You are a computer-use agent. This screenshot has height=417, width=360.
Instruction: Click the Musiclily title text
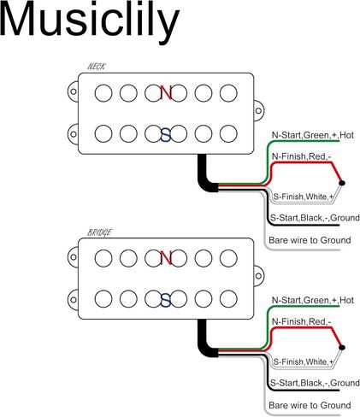(x=90, y=20)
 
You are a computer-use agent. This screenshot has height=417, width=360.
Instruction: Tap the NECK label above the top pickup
(x=96, y=67)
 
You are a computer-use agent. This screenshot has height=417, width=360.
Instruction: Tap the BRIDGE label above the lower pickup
(x=99, y=232)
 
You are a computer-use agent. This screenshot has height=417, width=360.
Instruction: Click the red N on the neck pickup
(x=166, y=92)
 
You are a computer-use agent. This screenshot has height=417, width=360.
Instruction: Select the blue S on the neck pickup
(x=166, y=135)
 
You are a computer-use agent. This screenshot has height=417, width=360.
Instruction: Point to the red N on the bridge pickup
(x=166, y=258)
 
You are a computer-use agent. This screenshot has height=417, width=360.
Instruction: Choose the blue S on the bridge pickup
(x=166, y=300)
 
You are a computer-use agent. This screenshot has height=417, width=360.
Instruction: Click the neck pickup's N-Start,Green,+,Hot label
(x=313, y=135)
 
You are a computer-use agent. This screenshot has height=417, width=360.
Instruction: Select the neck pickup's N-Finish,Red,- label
(x=301, y=156)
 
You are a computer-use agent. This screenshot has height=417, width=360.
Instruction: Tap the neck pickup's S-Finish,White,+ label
(x=304, y=197)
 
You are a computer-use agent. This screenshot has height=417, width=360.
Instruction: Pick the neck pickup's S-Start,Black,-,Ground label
(x=315, y=218)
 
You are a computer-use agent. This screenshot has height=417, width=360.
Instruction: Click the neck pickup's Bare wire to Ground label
(x=310, y=240)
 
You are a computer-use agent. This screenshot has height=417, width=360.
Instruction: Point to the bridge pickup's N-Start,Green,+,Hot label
(x=313, y=300)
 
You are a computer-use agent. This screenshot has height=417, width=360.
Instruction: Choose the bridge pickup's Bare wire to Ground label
(x=310, y=405)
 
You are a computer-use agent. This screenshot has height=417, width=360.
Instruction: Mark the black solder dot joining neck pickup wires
(x=342, y=183)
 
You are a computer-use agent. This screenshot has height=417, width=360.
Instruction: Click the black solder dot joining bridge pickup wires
(x=342, y=348)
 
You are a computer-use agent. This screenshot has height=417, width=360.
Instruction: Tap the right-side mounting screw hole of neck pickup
(x=258, y=110)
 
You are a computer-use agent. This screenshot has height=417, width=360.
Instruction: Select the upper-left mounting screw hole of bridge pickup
(x=74, y=257)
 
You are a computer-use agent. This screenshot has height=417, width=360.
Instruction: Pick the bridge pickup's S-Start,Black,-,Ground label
(x=315, y=383)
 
